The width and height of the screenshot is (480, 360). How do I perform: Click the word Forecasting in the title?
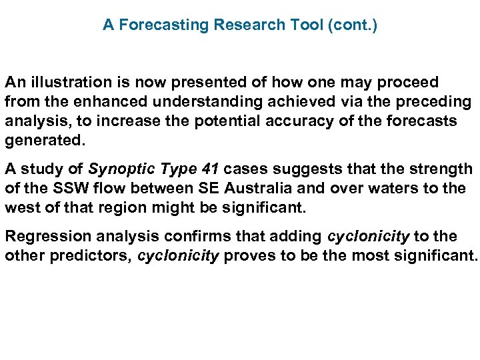(x=163, y=25)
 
